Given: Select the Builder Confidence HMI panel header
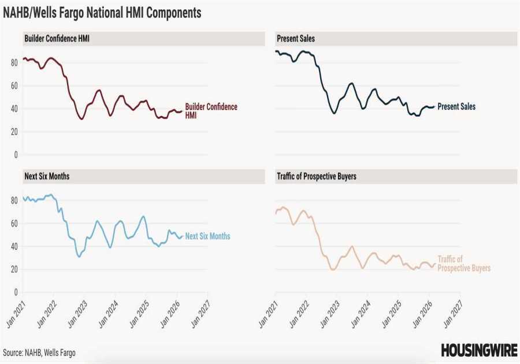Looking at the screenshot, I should pos(57,39).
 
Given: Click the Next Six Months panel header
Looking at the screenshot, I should pos(47,176).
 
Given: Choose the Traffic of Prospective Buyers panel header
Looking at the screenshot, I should pos(317,176).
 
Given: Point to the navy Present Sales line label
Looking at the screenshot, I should pos(456,106).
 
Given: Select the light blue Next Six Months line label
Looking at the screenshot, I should pos(207,236).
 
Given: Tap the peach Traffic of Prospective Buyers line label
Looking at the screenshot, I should pos(463,264).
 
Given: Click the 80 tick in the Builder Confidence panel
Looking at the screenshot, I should pos(14,62).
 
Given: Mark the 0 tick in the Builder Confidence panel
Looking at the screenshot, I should pos(16,154).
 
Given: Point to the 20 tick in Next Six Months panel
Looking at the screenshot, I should pos(14,269).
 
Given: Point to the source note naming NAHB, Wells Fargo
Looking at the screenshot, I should pos(39,352).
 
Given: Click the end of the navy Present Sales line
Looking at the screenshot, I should pos(434,106).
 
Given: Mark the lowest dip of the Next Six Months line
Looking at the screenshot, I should pos(79,257).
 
